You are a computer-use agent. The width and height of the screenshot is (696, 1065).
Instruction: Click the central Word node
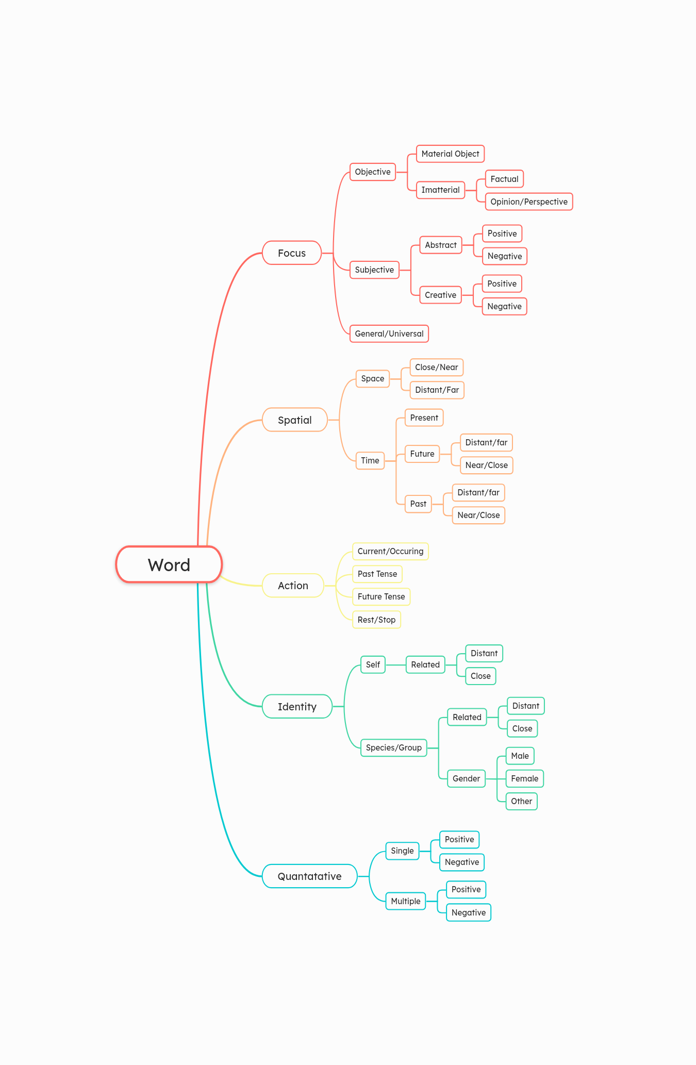coord(169,564)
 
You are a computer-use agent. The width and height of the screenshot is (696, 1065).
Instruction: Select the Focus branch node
coord(292,253)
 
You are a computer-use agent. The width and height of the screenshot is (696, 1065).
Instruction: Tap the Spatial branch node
coord(295,420)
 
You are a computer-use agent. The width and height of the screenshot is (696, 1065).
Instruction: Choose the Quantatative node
coord(310,876)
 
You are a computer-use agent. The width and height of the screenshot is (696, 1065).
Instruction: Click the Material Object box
coord(450,154)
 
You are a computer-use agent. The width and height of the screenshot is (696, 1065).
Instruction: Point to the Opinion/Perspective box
coord(529,202)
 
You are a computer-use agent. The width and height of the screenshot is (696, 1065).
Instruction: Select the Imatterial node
coord(440,190)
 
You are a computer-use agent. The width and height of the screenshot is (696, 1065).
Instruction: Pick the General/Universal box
coord(389,334)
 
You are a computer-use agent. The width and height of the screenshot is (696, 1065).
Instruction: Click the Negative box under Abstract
coord(505,256)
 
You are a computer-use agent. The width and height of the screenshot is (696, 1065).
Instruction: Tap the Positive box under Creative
coord(502,284)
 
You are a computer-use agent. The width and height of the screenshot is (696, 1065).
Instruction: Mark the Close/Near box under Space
coord(437,367)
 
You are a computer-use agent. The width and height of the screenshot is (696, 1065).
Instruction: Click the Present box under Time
coord(424,418)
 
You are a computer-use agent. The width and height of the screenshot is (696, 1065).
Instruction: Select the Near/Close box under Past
coord(478,515)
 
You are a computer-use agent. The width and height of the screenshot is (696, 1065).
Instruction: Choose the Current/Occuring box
coord(390,551)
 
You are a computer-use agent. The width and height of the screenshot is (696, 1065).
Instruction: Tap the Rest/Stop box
coord(376,620)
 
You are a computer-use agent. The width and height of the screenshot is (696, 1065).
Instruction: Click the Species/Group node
coord(394,747)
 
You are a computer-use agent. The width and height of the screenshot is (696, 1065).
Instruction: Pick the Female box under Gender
coord(525,778)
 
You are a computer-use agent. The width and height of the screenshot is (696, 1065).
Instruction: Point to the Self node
coord(373,664)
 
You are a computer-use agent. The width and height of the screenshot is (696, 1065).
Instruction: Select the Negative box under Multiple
coord(469,912)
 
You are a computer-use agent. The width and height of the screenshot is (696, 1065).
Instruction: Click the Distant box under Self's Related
coord(484,653)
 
